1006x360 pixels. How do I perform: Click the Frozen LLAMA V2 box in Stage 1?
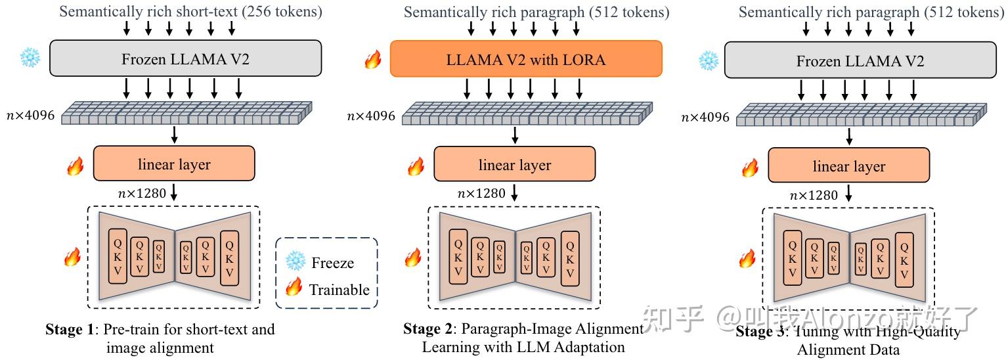click(185, 60)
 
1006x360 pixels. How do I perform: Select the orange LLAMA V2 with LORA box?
click(525, 60)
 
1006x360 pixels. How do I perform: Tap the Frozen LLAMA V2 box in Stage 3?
click(860, 61)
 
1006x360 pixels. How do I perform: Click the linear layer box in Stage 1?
click(174, 164)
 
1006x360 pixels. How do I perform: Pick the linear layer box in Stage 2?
click(514, 164)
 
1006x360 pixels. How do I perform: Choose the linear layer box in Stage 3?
click(848, 166)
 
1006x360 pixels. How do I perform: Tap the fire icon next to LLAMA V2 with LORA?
click(373, 61)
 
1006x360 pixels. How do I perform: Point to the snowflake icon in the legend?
click(295, 262)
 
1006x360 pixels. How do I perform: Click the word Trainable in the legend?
click(339, 290)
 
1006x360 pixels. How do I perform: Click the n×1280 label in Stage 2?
click(481, 193)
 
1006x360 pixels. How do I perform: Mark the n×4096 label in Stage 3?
click(705, 118)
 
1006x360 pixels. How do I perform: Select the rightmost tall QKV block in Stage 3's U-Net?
click(904, 259)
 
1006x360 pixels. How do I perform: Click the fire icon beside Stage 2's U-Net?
click(412, 257)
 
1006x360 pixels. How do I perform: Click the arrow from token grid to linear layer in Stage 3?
click(850, 136)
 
